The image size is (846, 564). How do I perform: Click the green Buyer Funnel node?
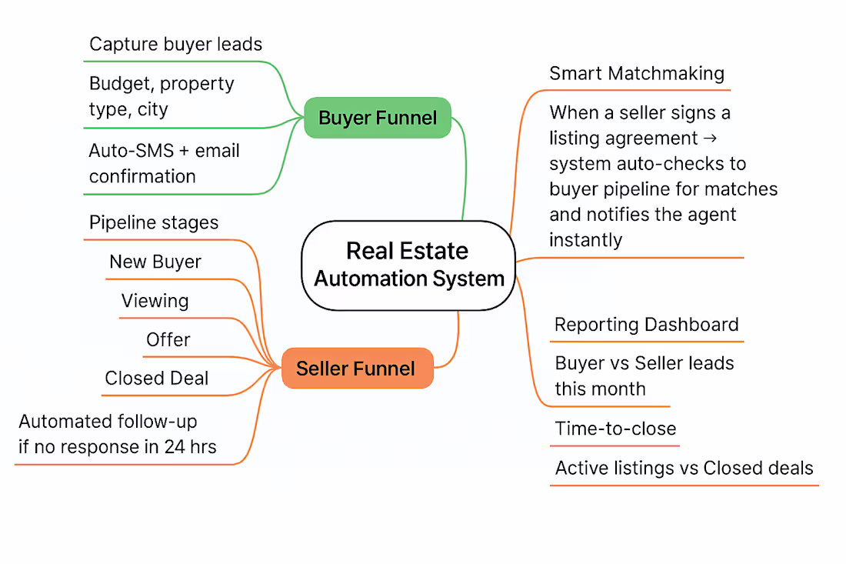(x=377, y=118)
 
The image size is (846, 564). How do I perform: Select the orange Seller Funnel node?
(x=356, y=369)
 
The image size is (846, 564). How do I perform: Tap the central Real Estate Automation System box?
(x=408, y=265)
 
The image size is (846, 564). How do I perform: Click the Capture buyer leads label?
(x=175, y=44)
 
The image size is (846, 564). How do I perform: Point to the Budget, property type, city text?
(x=162, y=96)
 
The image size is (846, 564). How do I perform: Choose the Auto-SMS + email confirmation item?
(x=164, y=163)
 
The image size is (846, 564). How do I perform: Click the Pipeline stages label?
(x=154, y=223)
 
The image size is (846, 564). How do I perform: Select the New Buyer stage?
(x=155, y=262)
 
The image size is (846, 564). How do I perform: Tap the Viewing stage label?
(x=155, y=301)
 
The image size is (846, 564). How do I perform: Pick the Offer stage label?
(x=168, y=340)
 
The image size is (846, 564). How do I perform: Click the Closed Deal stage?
(x=157, y=379)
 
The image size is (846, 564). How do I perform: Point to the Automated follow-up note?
(x=118, y=434)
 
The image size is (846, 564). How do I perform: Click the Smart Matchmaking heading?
(x=637, y=74)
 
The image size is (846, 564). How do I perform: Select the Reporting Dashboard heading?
(x=646, y=325)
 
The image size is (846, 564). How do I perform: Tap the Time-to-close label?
(x=615, y=429)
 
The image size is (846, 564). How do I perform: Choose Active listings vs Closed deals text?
(x=684, y=468)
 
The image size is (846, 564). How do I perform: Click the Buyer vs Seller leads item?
(x=644, y=375)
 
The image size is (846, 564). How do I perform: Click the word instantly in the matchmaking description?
(x=585, y=240)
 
